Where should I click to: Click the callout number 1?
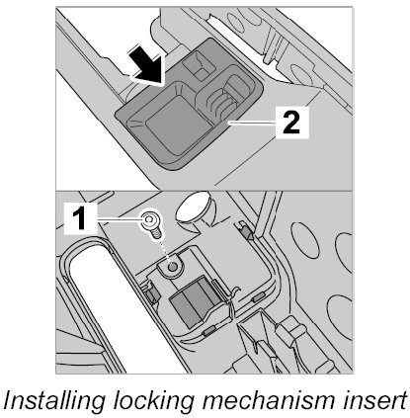[x=79, y=217]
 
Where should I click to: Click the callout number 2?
[x=290, y=123]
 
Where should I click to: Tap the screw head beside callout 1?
[x=150, y=219]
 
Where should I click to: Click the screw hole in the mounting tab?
[x=172, y=267]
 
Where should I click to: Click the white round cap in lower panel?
[x=193, y=208]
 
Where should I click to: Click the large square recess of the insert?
[x=177, y=125]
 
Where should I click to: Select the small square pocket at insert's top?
[x=200, y=65]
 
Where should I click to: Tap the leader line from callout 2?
[x=253, y=123]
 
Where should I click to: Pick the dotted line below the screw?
[x=165, y=250]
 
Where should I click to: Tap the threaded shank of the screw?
[x=156, y=233]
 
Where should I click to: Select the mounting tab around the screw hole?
[x=170, y=266]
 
